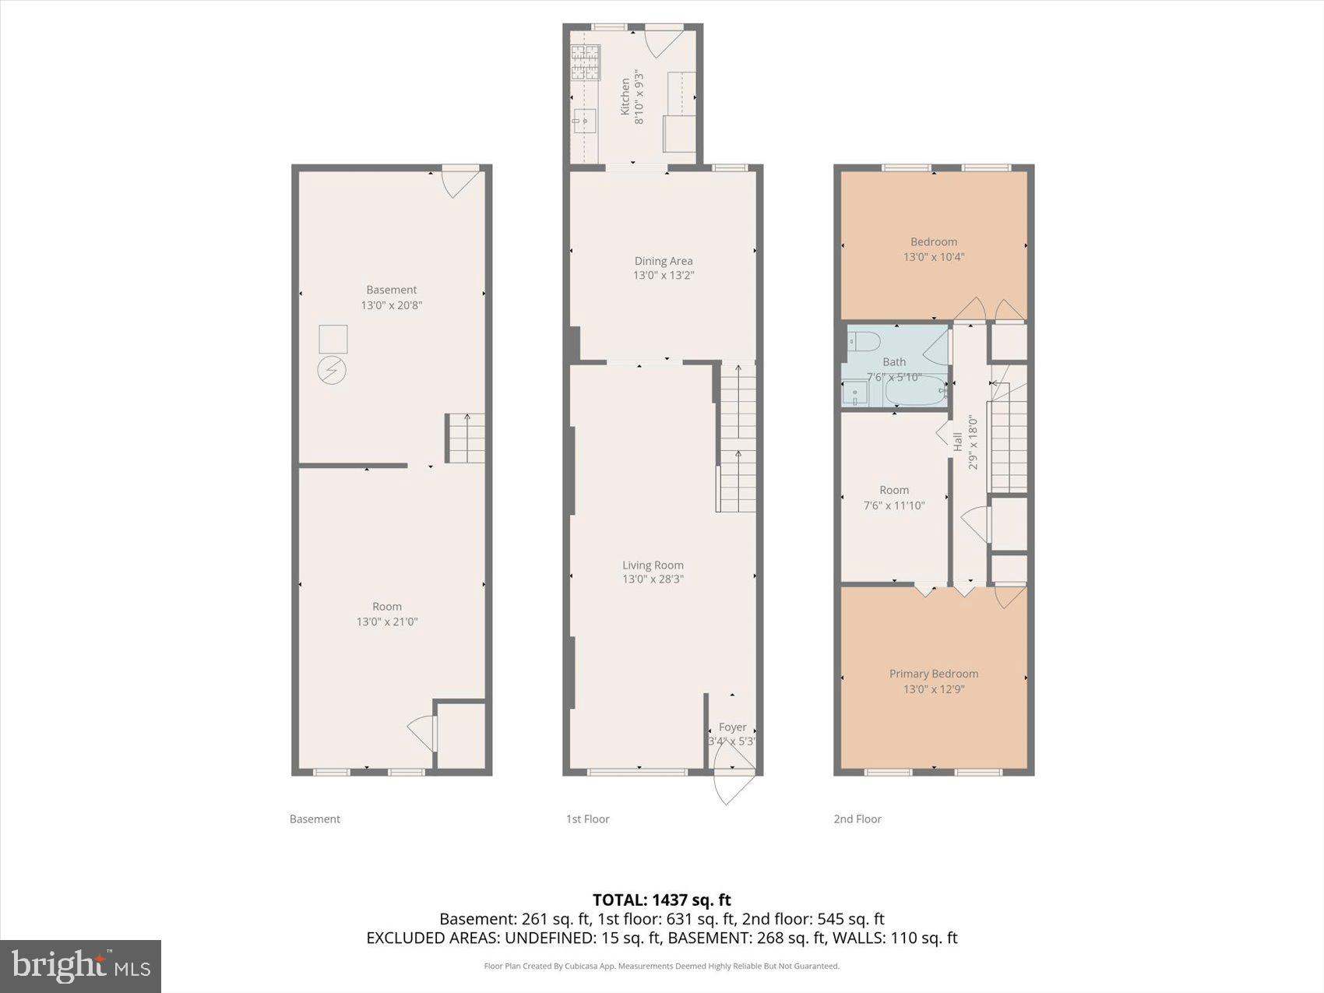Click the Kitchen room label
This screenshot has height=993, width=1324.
[625, 97]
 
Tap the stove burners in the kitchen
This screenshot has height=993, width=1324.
[586, 62]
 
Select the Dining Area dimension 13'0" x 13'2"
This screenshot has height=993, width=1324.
[663, 276]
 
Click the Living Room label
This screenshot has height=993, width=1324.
[653, 565]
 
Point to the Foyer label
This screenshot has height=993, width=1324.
[732, 727]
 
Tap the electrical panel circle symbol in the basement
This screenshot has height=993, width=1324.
[331, 369]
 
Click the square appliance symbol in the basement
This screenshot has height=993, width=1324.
[333, 340]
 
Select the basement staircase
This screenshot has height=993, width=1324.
[465, 438]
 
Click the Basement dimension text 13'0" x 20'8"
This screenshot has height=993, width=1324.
[391, 305]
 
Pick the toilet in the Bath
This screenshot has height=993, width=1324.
[864, 341]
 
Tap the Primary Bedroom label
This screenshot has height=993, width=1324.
[933, 674]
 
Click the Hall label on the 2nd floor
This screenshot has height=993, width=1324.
[957, 442]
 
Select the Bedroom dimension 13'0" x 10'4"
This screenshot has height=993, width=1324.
[933, 257]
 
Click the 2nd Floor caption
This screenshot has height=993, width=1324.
[857, 819]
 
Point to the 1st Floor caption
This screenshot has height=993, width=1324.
[587, 819]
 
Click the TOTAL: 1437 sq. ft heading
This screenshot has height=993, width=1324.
[661, 900]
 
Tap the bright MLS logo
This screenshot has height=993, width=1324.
[81, 966]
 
